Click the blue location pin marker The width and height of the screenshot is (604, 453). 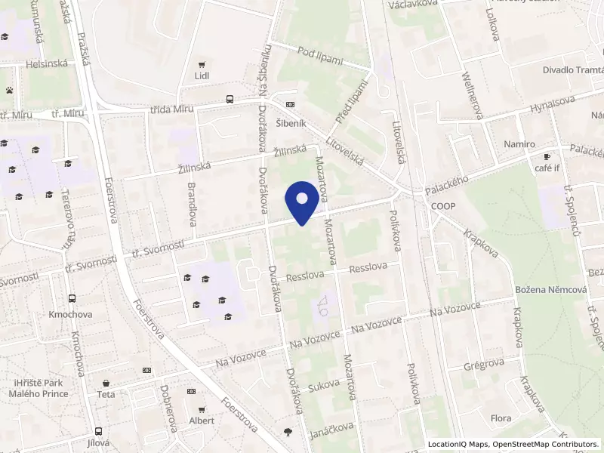302,202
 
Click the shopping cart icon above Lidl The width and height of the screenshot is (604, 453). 202,65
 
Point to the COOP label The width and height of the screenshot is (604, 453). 444,205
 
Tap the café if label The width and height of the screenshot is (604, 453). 547,168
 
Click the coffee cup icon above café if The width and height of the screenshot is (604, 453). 547,157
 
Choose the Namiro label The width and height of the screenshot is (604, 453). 519,144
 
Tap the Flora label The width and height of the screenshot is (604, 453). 501,418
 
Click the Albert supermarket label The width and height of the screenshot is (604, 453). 202,421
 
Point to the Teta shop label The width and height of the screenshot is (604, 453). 106,394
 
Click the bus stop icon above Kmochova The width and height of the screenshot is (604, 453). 71,299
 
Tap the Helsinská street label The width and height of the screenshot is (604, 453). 47,63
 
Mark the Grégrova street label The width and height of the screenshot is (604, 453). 484,364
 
